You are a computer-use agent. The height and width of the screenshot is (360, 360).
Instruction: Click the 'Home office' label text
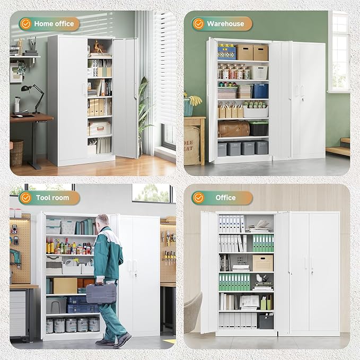tap(54, 24)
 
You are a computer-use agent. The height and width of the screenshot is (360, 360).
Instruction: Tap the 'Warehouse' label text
tap(225, 24)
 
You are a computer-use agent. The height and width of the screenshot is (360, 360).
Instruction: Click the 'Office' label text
tap(225, 198)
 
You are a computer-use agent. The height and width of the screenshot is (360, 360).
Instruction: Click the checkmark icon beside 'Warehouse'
tap(198, 24)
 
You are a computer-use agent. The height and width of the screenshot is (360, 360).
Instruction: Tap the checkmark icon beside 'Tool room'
tap(25, 198)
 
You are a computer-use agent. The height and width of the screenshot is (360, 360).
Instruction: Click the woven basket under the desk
tap(16, 153)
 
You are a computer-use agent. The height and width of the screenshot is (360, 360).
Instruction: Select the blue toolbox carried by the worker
tap(101, 293)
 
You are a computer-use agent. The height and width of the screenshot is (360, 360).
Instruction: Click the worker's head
tap(103, 221)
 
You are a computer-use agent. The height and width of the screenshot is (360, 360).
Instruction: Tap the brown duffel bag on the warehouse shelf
tap(233, 129)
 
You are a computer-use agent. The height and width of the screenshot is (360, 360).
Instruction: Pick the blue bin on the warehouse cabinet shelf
tap(260, 91)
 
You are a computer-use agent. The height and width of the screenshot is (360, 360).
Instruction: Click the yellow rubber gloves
tap(195, 100)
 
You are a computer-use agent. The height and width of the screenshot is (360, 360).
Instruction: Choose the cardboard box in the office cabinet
tap(262, 262)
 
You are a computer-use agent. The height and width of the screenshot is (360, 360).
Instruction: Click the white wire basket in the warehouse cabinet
tap(259, 73)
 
